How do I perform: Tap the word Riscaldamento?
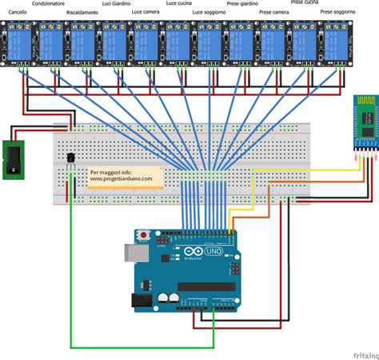pyautogui.click(x=84, y=14)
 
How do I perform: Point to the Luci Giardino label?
pyautogui.click(x=117, y=4)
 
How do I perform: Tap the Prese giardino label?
pyautogui.click(x=242, y=4)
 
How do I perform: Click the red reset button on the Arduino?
pyautogui.click(x=144, y=235)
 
